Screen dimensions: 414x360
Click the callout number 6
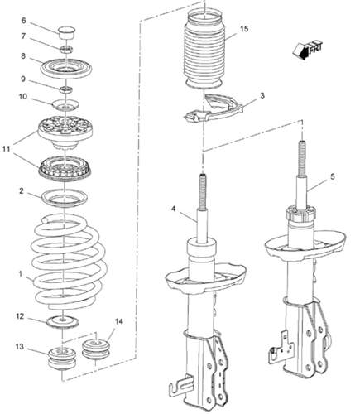tap(23, 20)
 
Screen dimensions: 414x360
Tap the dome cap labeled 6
tap(65, 33)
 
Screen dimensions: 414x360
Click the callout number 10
tap(23, 96)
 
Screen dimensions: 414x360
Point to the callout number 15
tap(243, 29)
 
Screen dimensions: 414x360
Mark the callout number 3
tap(262, 96)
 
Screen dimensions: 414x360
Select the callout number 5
tap(332, 176)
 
